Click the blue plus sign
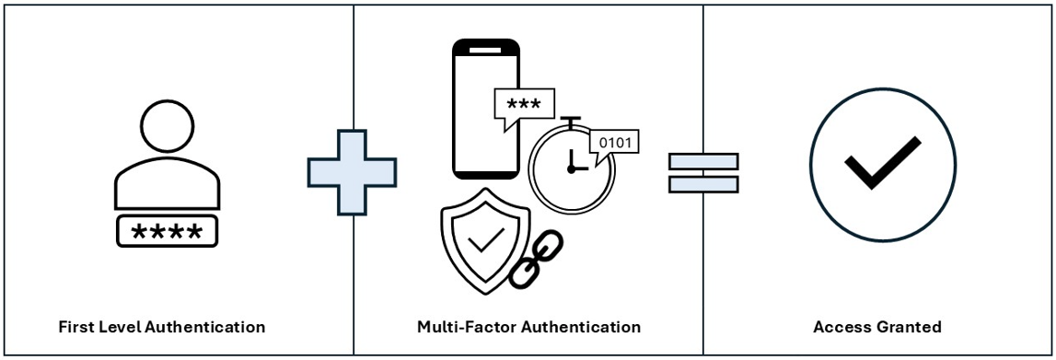[352, 172]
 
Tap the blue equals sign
[702, 172]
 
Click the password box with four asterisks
[167, 232]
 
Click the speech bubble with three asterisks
[524, 105]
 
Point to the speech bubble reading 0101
[615, 144]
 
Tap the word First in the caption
[75, 327]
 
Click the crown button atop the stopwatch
[572, 121]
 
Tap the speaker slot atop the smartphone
[485, 47]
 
